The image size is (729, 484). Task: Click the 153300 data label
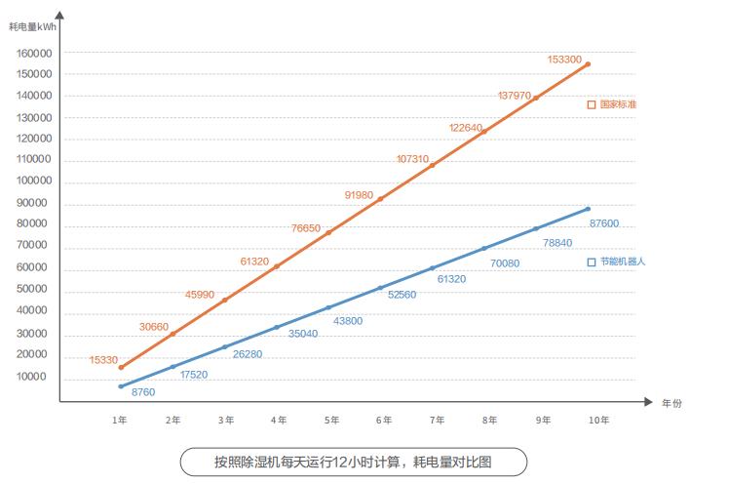[564, 60]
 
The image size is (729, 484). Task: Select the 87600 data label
[604, 223]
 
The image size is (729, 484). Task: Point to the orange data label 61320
[254, 262]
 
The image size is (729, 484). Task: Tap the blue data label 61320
[451, 279]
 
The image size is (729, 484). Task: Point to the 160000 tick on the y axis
[34, 53]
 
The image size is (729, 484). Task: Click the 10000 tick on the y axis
[37, 378]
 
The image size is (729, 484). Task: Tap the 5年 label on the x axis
[331, 421]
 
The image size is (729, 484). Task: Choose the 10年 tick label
[598, 421]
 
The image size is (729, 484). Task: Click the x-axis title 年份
[671, 402]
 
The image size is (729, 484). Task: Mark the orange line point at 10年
[589, 64]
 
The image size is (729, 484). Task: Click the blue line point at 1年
[121, 386]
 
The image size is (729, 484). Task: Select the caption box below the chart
[354, 462]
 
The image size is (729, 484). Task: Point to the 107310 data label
[412, 159]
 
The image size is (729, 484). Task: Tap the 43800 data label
[348, 321]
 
